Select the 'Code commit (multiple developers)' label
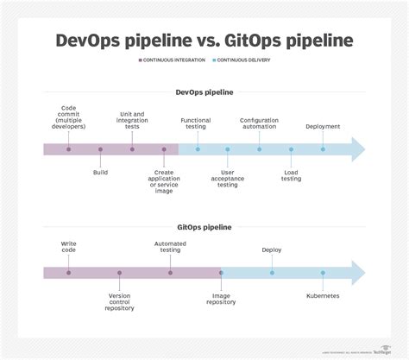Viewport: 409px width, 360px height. (68, 117)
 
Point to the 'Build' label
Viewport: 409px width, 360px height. (100, 172)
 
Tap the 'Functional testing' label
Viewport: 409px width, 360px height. (196, 123)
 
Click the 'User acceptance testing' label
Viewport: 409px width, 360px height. (228, 177)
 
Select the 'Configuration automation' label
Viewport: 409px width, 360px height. (260, 123)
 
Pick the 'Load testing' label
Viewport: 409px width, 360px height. (292, 174)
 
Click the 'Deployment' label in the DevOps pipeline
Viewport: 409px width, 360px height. (323, 126)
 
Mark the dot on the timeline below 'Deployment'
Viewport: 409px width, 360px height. (323, 149)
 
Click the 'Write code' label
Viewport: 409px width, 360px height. (68, 248)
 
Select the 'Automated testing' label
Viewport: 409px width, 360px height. (170, 248)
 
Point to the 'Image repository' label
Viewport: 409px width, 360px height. (221, 299)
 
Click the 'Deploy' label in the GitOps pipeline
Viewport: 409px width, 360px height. (272, 250)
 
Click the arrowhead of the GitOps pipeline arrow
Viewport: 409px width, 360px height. (356, 274)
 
